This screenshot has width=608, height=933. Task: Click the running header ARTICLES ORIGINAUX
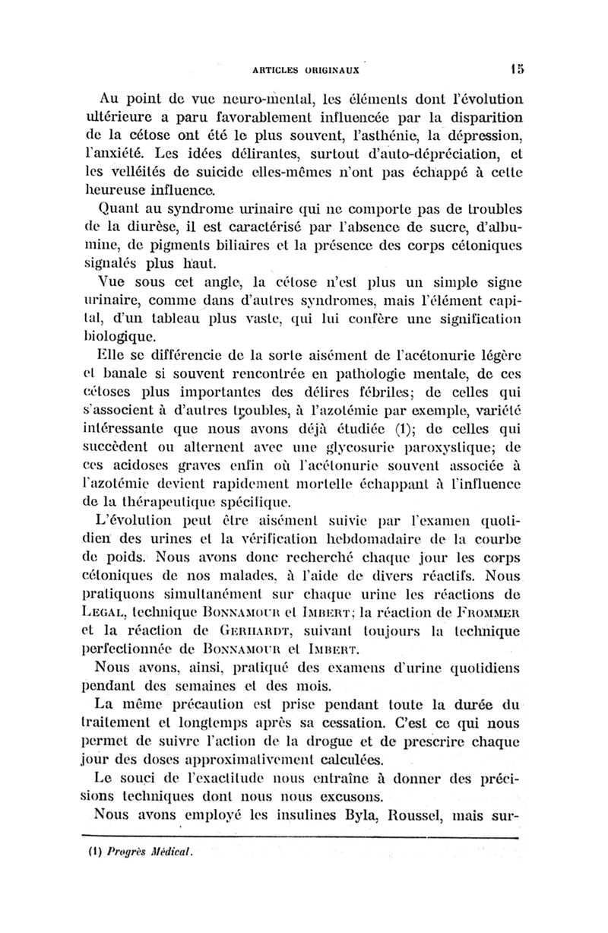pos(309,67)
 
